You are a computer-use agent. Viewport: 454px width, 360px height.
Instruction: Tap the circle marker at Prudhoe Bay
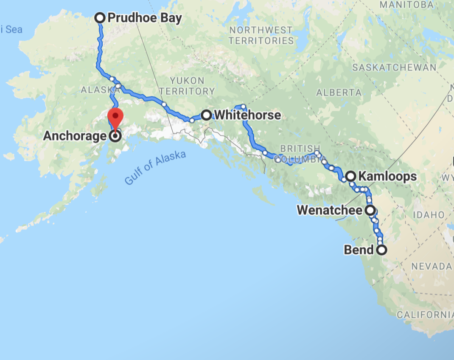tap(100, 18)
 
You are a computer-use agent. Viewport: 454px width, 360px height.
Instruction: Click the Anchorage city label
tap(75, 136)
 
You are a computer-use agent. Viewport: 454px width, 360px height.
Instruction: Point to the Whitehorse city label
tap(247, 115)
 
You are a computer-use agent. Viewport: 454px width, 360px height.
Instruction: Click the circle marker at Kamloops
tap(351, 176)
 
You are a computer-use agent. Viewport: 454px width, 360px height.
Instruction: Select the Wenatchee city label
tap(330, 210)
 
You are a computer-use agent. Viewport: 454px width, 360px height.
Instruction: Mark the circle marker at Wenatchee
tap(370, 210)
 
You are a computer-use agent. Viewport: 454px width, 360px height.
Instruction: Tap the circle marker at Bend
tap(382, 250)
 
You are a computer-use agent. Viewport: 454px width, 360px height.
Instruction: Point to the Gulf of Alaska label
tap(155, 168)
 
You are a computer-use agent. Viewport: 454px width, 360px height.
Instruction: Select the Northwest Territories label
tap(261, 36)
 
